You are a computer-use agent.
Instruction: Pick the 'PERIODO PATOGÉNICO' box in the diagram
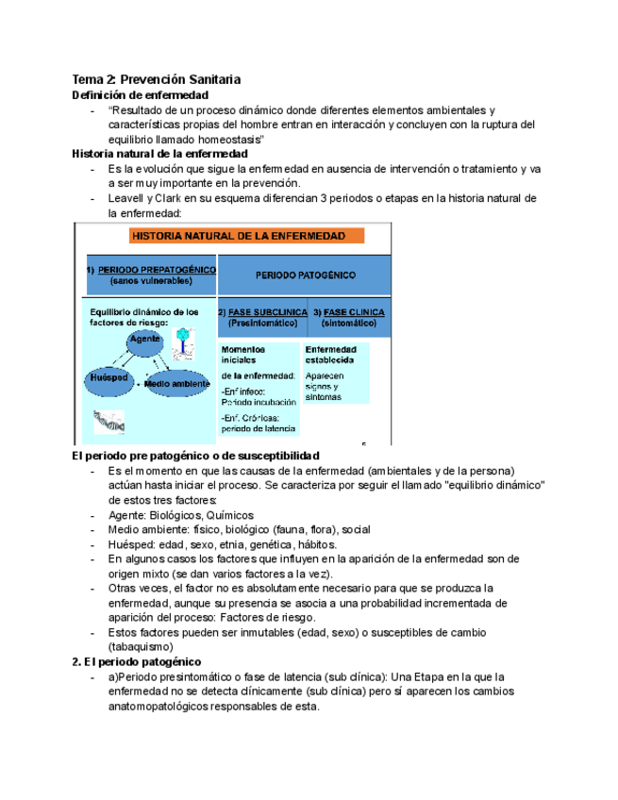coord(304,275)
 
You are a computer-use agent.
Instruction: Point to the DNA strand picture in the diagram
coord(106,422)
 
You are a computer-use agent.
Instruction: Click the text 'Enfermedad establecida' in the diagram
coord(329,354)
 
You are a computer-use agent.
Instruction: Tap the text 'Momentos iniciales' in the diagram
coord(244,354)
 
